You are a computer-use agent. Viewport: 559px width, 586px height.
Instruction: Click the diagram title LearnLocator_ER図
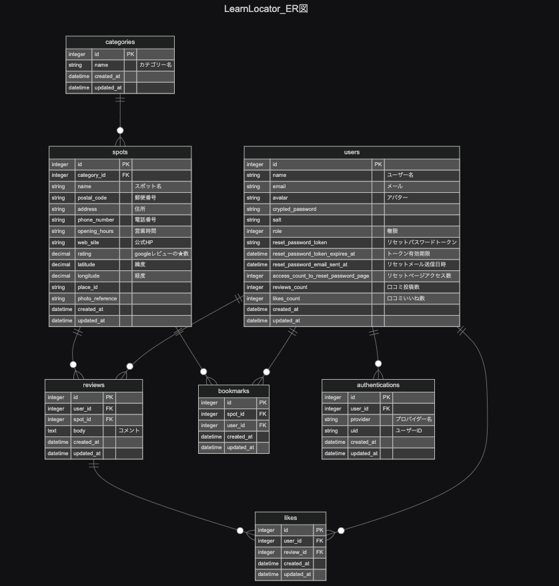[265, 9]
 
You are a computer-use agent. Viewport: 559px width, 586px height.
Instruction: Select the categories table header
[120, 42]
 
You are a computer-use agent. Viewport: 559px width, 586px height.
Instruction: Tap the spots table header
[120, 152]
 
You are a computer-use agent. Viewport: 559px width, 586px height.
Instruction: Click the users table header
[352, 152]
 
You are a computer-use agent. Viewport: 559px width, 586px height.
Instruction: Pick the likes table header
[290, 518]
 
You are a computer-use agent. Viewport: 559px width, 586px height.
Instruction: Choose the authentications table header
[378, 385]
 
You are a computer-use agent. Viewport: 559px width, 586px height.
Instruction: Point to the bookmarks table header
[233, 391]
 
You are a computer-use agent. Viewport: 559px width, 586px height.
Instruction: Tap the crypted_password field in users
[294, 209]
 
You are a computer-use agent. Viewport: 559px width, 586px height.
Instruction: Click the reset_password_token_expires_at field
[314, 254]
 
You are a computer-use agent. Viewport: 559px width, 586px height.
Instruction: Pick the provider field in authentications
[360, 420]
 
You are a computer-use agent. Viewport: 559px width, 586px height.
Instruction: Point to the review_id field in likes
[295, 553]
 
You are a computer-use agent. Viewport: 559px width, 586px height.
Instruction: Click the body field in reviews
[79, 431]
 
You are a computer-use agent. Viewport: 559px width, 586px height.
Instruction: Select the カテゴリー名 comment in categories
[155, 65]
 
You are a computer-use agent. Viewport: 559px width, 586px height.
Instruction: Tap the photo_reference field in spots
[97, 298]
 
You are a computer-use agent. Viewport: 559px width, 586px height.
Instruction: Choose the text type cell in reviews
[52, 431]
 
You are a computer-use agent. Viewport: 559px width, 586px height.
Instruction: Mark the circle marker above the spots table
[120, 131]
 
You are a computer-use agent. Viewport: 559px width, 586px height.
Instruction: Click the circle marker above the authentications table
[378, 364]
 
